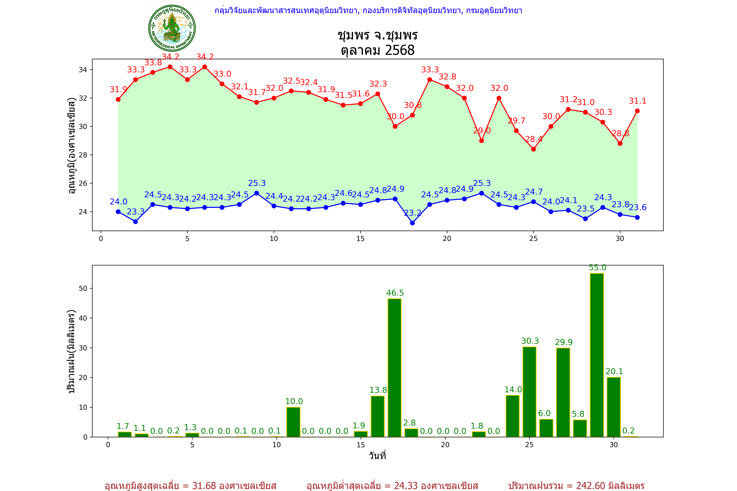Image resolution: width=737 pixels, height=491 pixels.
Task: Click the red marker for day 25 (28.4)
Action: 534,149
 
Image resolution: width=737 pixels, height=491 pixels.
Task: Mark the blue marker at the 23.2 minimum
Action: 412,223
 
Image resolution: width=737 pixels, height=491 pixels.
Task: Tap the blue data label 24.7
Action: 534,192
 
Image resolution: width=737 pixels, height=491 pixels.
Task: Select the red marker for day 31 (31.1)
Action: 637,111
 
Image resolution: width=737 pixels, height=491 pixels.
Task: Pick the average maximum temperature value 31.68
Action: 204,486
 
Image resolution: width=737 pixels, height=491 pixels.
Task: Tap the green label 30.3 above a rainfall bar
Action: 530,341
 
